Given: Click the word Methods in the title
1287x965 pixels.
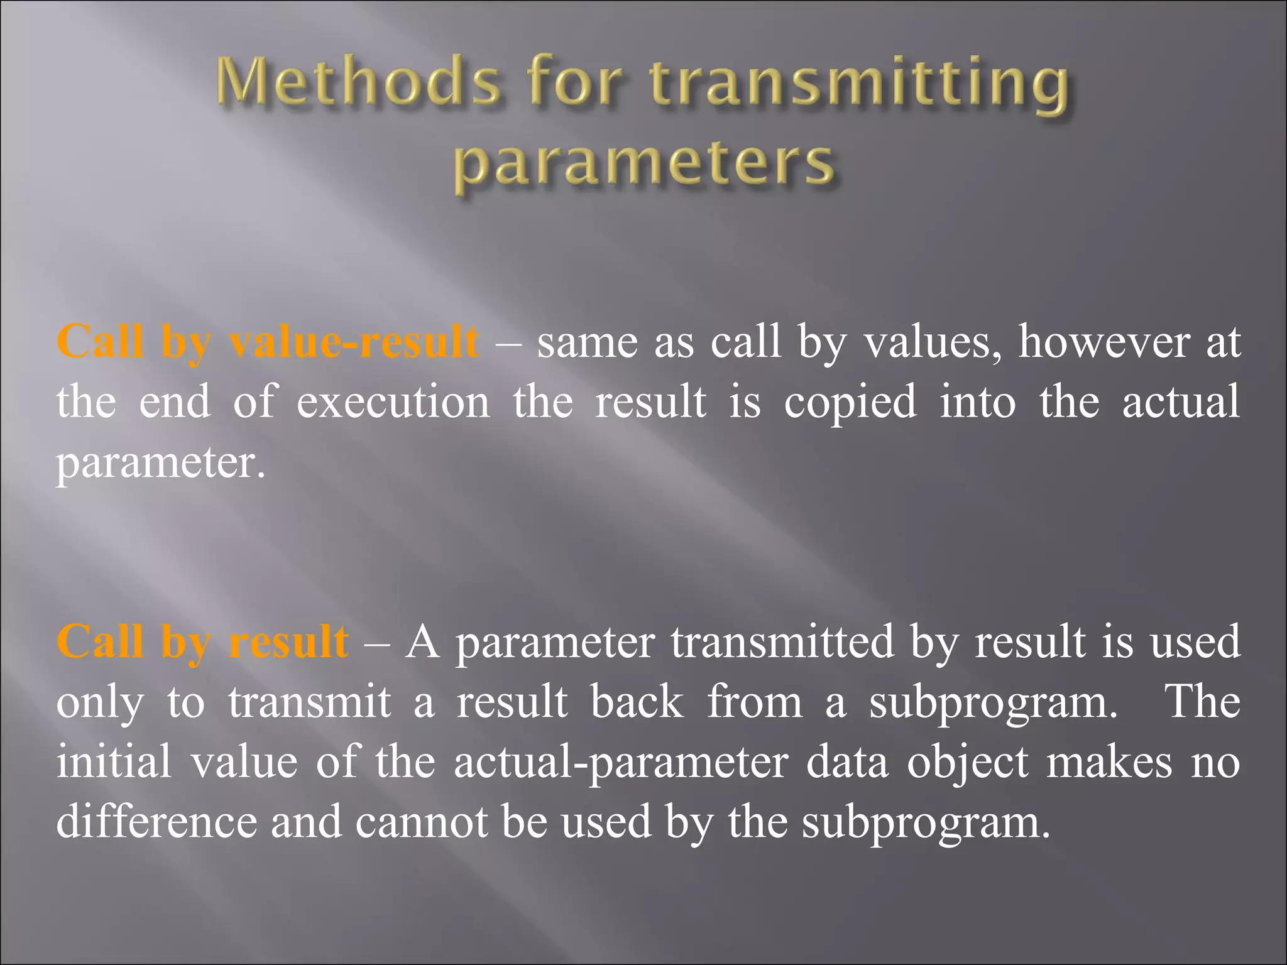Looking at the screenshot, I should (359, 83).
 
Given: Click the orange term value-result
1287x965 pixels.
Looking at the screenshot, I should (353, 342).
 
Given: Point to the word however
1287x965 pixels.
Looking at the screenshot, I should (1104, 342).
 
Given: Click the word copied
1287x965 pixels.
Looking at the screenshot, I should (850, 403).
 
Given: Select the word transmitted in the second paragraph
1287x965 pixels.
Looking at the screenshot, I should (782, 642).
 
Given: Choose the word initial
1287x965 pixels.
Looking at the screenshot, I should (114, 761).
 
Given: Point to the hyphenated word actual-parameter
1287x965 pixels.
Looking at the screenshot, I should (620, 763).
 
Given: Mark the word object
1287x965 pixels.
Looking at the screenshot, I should (968, 763).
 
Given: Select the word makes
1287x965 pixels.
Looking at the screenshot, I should (1109, 762).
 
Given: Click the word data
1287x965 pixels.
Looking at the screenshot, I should (846, 762).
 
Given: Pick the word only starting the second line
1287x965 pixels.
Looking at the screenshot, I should (100, 703).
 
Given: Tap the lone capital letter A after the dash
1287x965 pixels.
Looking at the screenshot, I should (422, 642).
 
